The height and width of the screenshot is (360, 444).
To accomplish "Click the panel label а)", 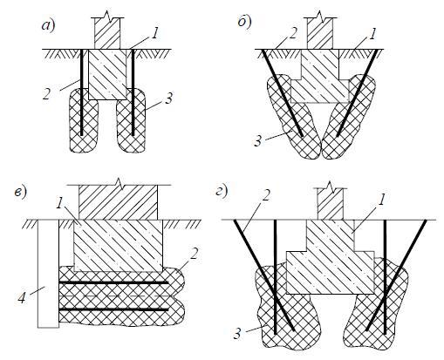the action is [x=48, y=25].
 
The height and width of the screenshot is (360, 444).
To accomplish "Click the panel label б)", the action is [x=244, y=23].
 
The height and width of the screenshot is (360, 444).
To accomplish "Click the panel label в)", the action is [x=20, y=192].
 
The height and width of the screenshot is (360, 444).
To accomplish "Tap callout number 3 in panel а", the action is [x=168, y=98].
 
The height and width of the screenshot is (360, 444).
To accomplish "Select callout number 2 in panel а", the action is [x=47, y=94].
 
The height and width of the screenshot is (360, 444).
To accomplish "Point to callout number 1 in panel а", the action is [x=155, y=33].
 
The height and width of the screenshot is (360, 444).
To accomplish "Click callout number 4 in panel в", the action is [x=22, y=297].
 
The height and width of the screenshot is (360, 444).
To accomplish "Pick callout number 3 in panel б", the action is [x=258, y=141].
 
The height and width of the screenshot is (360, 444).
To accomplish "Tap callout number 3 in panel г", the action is [x=237, y=335].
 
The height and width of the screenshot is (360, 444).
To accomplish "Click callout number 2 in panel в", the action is [x=195, y=254].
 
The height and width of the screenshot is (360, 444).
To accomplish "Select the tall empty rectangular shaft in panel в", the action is [x=49, y=274].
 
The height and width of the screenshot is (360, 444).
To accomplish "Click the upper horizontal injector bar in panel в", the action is [x=113, y=282].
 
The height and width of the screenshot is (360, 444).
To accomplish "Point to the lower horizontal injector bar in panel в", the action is [x=113, y=310].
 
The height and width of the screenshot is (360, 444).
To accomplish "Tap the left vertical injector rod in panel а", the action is [x=82, y=92].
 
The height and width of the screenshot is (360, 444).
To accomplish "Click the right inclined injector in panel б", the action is [x=358, y=93].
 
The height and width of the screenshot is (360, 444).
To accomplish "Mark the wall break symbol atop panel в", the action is [x=119, y=182].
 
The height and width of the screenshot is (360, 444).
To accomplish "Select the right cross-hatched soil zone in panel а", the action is [x=131, y=119].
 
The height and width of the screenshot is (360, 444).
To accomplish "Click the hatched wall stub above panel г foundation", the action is [x=331, y=204].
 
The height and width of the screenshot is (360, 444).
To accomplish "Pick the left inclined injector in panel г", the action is [x=264, y=275].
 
